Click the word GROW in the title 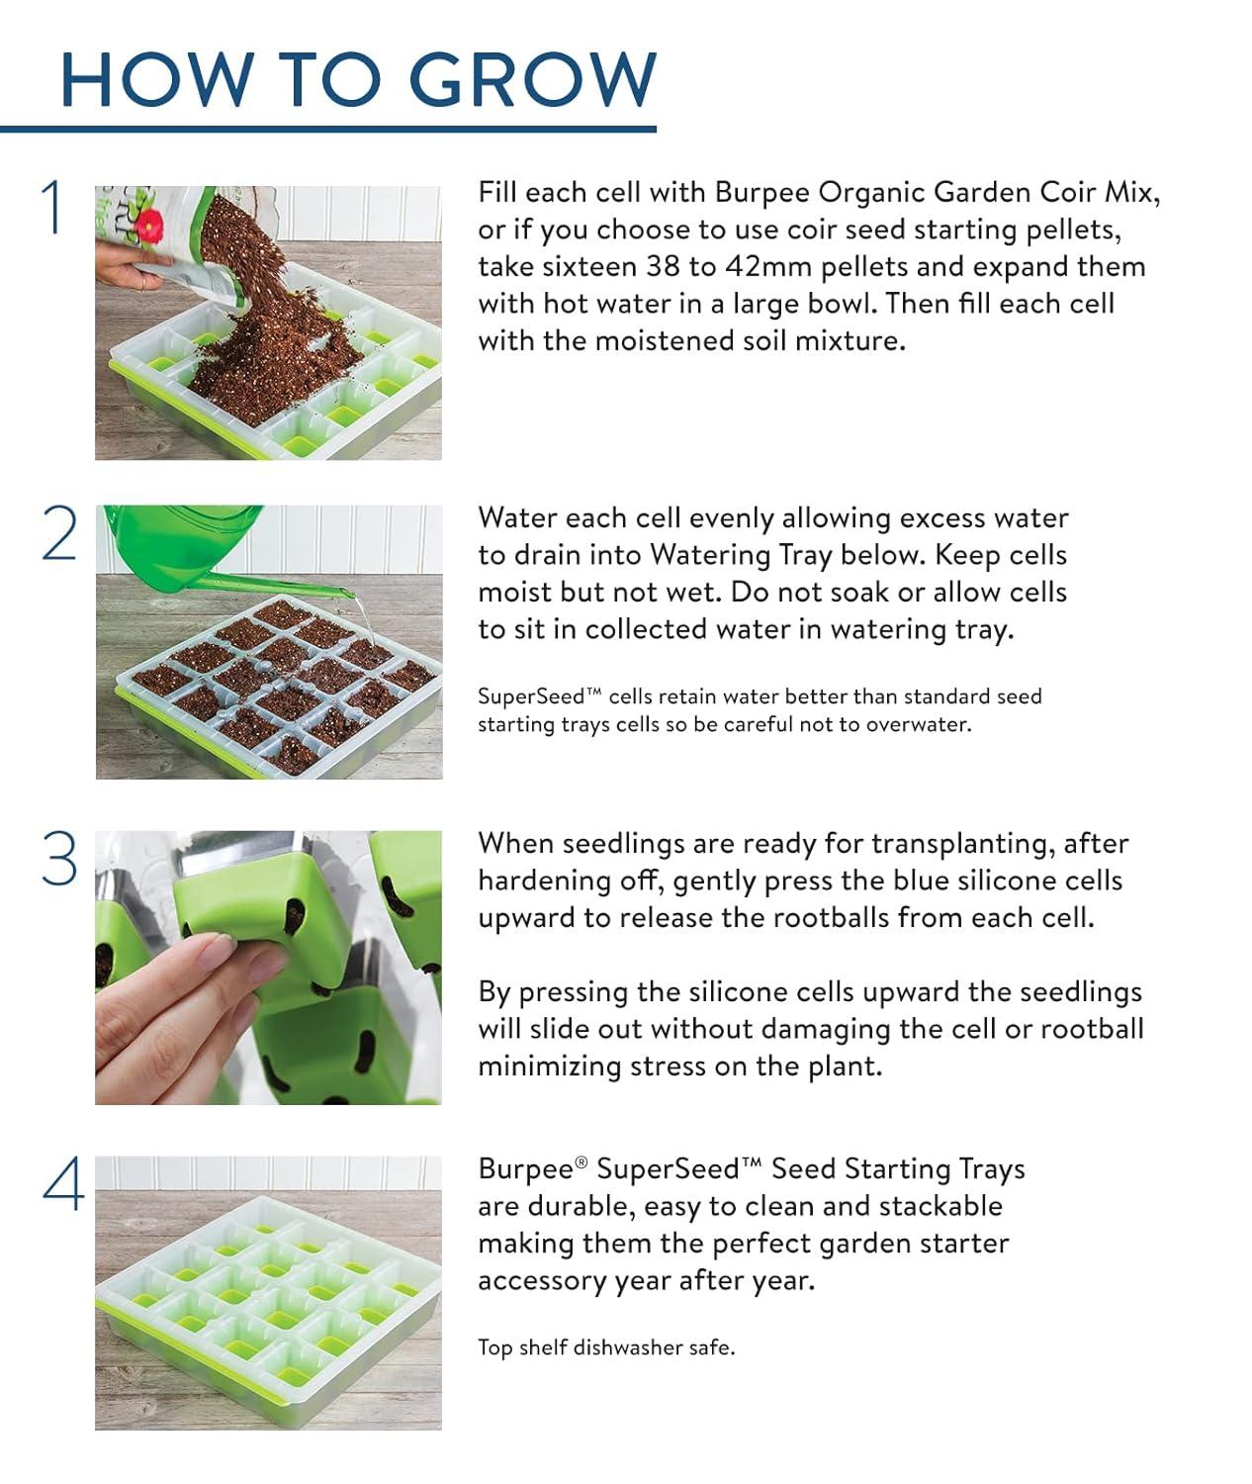click(x=532, y=79)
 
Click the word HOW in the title click(x=155, y=79)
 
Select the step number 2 click(x=59, y=534)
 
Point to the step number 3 click(x=59, y=859)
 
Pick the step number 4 click(x=62, y=1184)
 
